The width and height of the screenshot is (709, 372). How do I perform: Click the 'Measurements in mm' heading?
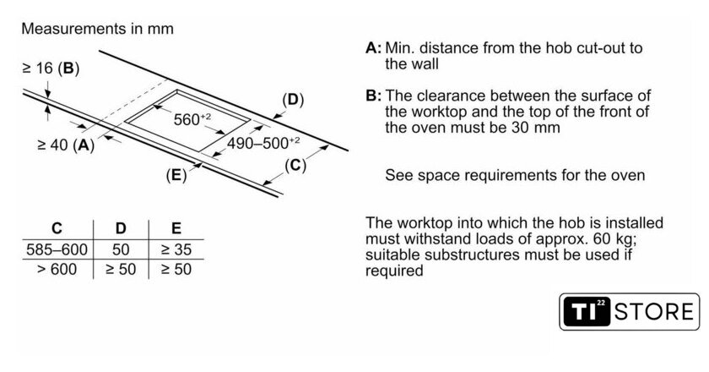97,29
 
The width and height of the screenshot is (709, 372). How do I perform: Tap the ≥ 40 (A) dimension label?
67,145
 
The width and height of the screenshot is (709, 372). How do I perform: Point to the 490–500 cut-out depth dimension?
263,143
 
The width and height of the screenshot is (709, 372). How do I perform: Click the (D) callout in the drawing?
292,100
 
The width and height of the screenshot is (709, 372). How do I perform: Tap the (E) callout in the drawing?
176,176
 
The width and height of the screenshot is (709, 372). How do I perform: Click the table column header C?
57,228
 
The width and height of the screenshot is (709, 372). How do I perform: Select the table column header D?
121,228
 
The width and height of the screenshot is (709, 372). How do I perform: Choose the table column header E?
176,228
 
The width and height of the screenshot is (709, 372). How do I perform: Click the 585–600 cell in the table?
57,250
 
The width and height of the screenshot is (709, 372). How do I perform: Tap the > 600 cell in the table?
57,270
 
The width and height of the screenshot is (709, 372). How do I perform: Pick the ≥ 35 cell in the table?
176,250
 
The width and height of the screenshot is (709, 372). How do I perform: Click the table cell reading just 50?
121,250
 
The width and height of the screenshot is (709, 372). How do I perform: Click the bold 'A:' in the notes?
374,48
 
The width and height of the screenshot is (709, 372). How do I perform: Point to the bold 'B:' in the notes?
374,96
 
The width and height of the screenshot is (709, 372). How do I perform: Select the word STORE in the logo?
653,311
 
